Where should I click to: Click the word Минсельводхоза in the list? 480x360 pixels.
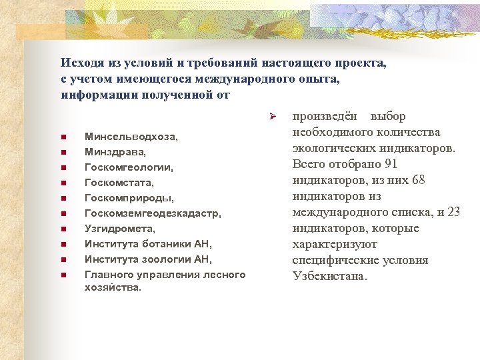(131, 137)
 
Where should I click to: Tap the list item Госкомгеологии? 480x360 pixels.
(129, 167)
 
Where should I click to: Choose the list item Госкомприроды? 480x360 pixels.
(129, 198)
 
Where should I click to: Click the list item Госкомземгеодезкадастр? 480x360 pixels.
(153, 213)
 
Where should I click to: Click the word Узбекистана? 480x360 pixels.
(329, 277)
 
